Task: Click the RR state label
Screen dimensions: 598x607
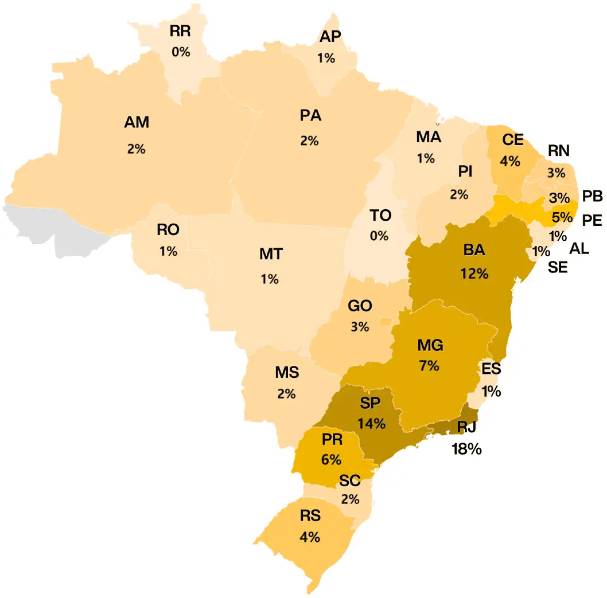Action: (x=180, y=32)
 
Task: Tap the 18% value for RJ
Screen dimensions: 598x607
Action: (x=466, y=449)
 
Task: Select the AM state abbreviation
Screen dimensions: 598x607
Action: (x=137, y=122)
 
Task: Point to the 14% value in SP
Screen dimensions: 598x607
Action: (x=371, y=424)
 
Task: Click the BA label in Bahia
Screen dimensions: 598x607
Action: (x=474, y=251)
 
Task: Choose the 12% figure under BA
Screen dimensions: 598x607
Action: (x=474, y=273)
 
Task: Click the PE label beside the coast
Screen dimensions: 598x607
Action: (x=591, y=220)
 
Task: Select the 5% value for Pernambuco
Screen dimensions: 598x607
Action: (x=562, y=217)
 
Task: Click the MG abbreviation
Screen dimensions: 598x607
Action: (x=430, y=345)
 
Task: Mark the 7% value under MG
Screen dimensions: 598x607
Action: (x=429, y=365)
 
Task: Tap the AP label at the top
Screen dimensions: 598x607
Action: (x=330, y=36)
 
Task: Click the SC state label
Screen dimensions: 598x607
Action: (x=349, y=480)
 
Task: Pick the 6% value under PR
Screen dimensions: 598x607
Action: (x=332, y=460)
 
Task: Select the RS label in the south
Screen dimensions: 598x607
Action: (x=310, y=515)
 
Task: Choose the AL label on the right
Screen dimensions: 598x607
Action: (x=579, y=248)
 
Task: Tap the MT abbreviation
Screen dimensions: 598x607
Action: (x=271, y=254)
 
